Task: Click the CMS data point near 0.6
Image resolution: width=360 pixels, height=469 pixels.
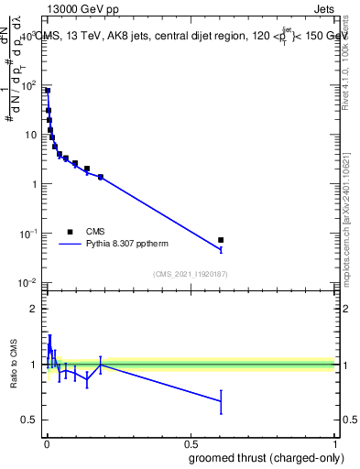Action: (x=221, y=240)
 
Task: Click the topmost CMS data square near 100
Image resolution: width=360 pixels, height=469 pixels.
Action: (x=48, y=91)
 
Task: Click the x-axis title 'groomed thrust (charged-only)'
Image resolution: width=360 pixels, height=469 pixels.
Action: (x=266, y=457)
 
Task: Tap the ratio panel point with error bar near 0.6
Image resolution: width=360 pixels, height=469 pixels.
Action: (x=221, y=400)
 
